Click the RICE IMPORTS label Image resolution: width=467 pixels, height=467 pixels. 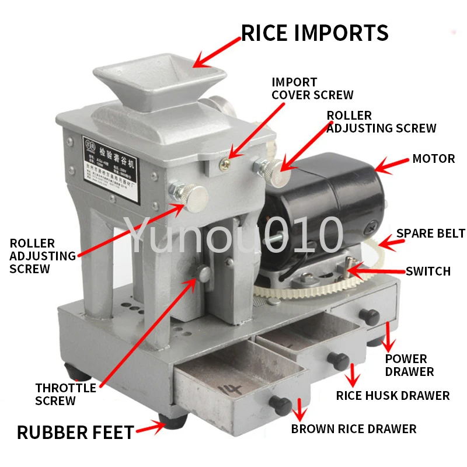click(315, 33)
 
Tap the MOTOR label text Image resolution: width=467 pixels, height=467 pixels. click(433, 159)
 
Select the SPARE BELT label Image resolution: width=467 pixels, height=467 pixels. click(431, 233)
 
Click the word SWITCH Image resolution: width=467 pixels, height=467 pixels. click(428, 271)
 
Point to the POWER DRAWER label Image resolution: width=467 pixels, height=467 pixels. click(409, 365)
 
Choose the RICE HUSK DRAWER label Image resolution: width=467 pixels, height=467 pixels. click(393, 396)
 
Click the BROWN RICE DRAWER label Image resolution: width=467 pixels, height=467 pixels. click(354, 429)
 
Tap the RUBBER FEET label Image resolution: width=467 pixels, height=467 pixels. click(75, 433)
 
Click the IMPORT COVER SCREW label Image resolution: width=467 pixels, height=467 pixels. click(312, 88)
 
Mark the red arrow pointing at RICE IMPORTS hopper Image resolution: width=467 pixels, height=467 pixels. click(216, 52)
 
